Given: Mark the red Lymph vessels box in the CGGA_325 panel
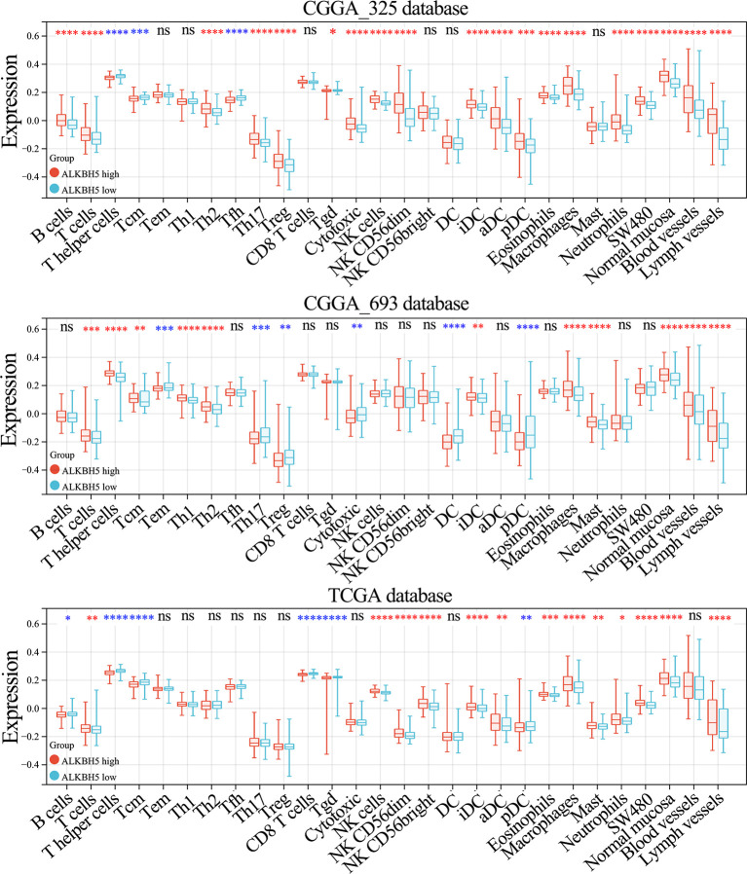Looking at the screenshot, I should pyautogui.click(x=712, y=121).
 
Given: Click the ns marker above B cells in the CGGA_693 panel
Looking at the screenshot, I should pyautogui.click(x=66, y=327).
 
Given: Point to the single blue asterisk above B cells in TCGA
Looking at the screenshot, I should pyautogui.click(x=67, y=620).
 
